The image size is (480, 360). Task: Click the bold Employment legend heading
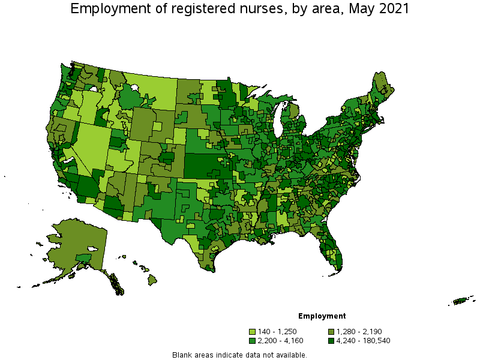pyautogui.click(x=322, y=316)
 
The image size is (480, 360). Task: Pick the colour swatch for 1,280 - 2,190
pyautogui.click(x=331, y=331)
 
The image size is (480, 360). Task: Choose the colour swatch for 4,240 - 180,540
pyautogui.click(x=331, y=341)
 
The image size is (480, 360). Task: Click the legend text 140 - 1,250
pyautogui.click(x=277, y=331)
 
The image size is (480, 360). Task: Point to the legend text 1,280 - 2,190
pyautogui.click(x=359, y=331)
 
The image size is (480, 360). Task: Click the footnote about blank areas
pyautogui.click(x=239, y=355)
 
